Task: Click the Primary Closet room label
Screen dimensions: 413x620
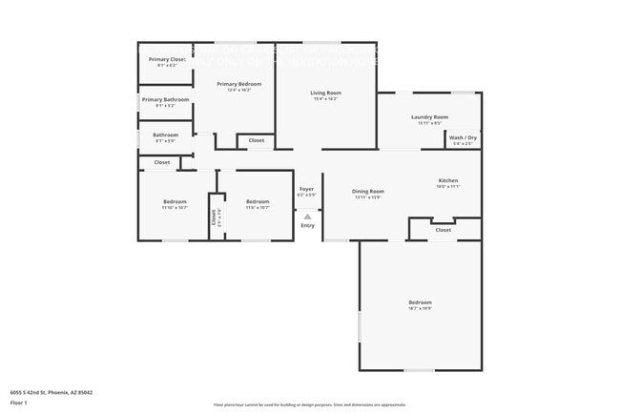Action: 166,60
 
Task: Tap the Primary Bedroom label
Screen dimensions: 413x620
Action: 238,84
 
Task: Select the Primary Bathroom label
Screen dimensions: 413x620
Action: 165,99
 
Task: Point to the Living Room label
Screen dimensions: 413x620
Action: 325,93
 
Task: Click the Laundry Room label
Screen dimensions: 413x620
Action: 429,116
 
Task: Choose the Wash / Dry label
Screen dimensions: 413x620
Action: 463,138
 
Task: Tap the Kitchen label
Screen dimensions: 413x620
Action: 447,180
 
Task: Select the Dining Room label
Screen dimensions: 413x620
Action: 367,192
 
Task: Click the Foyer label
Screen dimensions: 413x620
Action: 306,189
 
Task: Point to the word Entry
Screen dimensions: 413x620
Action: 307,225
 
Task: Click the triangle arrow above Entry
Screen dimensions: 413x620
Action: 307,217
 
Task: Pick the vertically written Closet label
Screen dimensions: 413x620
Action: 213,217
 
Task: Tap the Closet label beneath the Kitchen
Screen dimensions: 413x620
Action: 444,230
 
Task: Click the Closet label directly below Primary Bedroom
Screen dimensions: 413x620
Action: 257,141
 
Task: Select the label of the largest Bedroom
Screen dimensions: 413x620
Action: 421,302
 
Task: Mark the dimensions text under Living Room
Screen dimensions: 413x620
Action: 325,98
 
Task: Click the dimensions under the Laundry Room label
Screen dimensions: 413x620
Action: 429,122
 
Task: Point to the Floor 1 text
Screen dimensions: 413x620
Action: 18,403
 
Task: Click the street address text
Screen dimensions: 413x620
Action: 51,392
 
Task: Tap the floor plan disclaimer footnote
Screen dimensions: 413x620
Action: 309,404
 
